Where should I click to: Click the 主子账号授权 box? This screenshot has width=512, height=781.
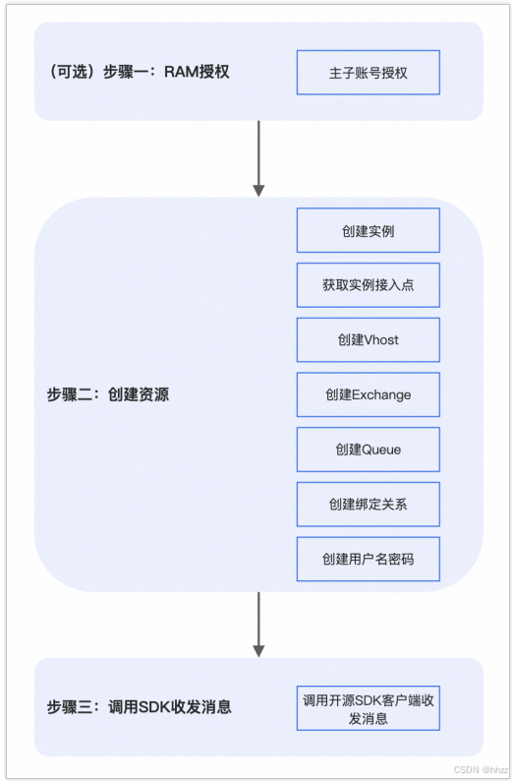coord(369,72)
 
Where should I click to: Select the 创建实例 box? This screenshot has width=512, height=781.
coord(369,230)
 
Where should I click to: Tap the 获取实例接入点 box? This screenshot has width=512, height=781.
coord(369,285)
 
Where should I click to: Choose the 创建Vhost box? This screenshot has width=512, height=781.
coord(369,339)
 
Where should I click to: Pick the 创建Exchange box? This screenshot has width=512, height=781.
coord(369,394)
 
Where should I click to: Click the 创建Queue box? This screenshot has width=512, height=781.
coord(369,450)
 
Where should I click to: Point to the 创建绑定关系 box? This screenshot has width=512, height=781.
coord(369,504)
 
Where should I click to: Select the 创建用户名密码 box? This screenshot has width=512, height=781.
coord(369,559)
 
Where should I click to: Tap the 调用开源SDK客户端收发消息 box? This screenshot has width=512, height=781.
coord(369,708)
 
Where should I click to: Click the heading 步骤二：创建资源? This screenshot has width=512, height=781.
coord(108,394)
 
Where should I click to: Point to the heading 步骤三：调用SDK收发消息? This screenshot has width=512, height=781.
coord(140,707)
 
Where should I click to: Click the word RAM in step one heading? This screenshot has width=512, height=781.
coord(181,72)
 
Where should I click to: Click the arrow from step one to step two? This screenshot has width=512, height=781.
coord(258,159)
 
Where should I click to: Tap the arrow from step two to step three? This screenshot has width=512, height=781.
coord(258,625)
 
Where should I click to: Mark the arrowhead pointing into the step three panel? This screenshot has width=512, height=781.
coord(258,651)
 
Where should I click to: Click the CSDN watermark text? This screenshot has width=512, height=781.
coord(481,769)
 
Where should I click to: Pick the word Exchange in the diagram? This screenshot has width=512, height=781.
coord(381,395)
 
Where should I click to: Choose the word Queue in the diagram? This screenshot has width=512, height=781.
coord(381,450)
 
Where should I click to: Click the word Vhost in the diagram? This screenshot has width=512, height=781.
coord(381,339)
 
